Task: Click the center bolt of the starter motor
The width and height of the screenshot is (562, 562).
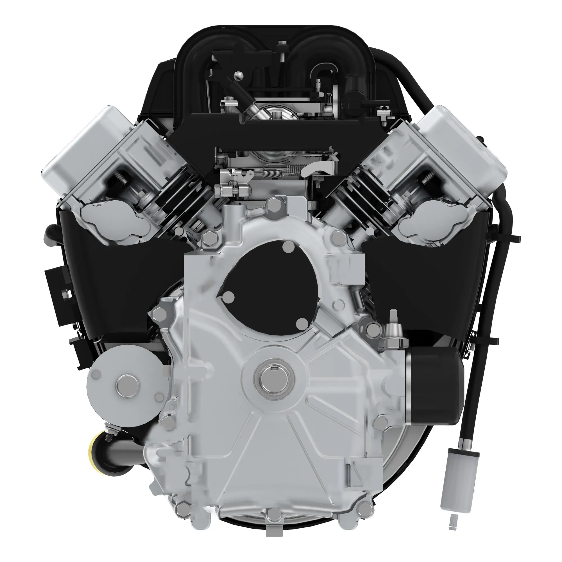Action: click(127, 386)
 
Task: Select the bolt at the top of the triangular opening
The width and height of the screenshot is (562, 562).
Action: click(288, 247)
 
